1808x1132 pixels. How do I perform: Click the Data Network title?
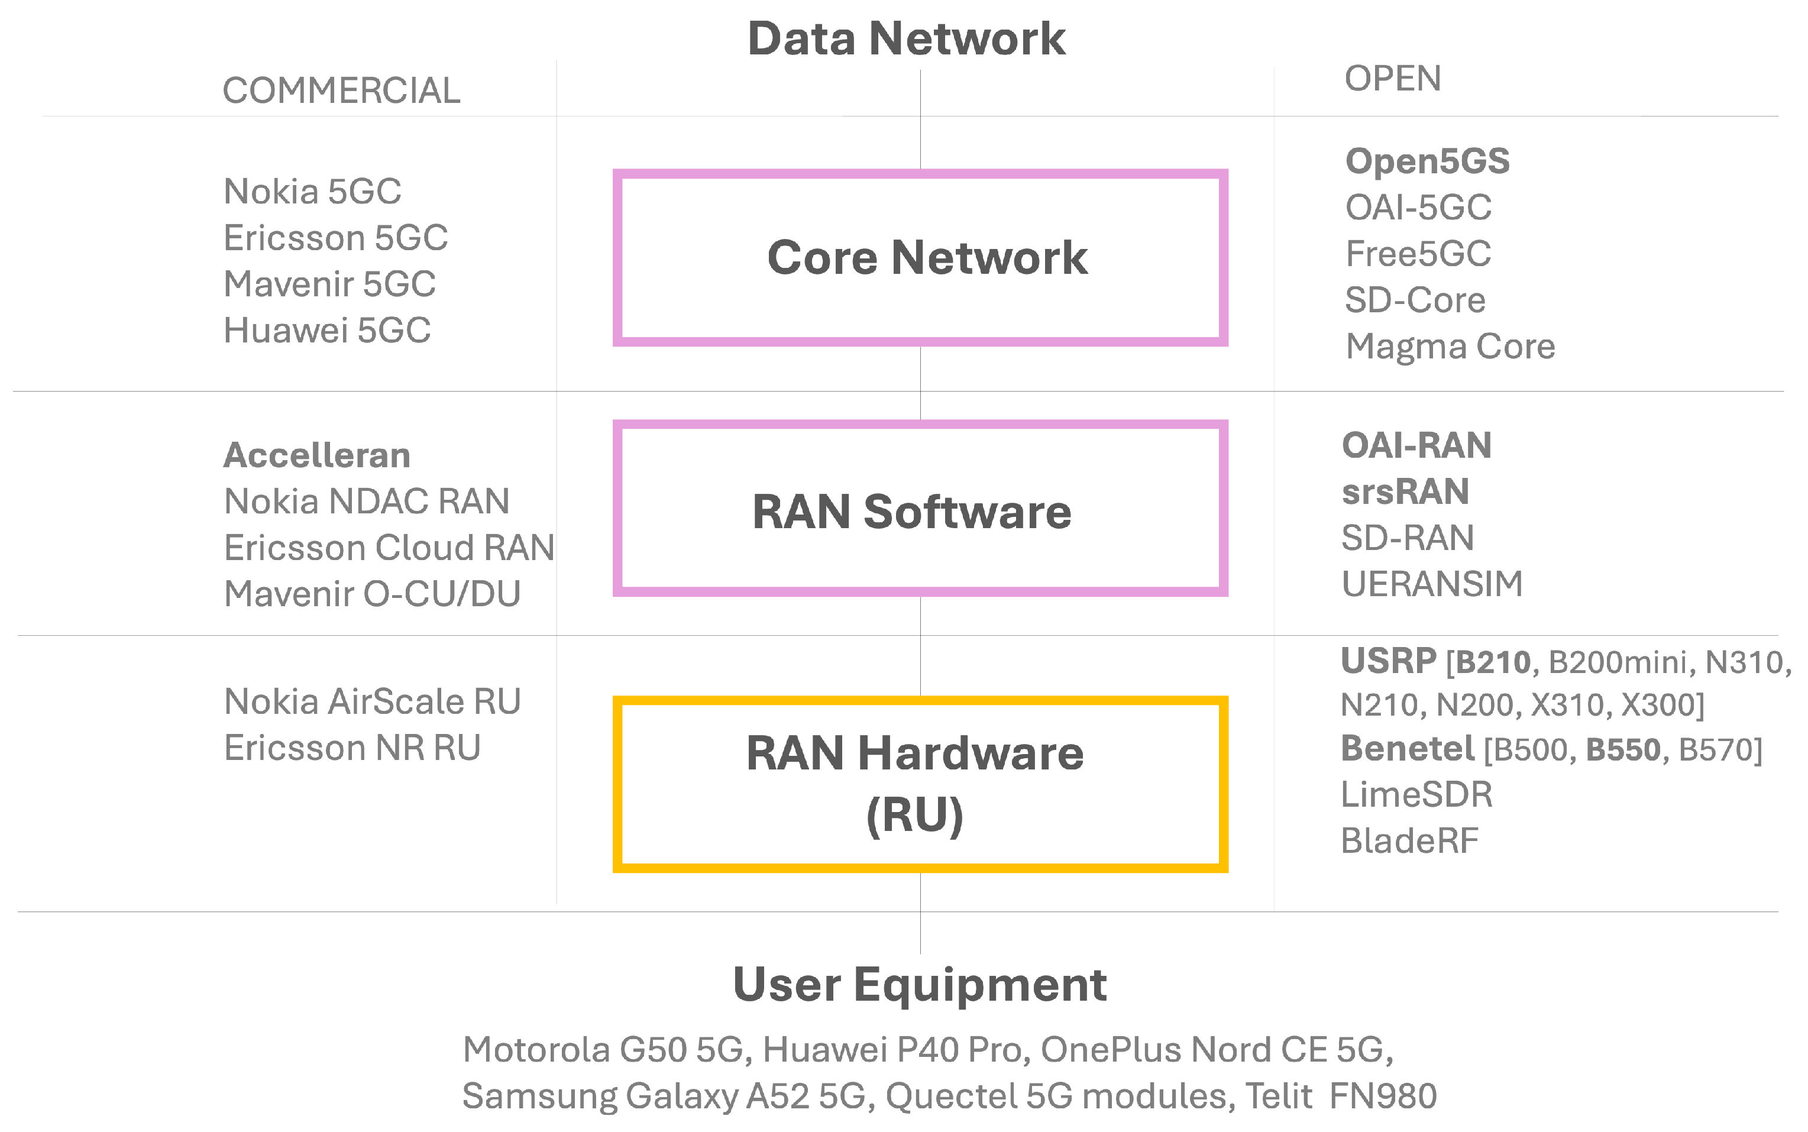coord(906,39)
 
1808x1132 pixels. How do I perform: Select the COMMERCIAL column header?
coord(341,90)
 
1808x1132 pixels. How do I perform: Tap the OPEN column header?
coord(1392,79)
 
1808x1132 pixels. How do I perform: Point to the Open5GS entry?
coord(1427,161)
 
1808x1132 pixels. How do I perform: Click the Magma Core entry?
coord(1450,347)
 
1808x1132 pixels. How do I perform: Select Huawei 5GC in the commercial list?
coord(327,330)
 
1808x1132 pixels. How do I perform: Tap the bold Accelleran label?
coord(316,455)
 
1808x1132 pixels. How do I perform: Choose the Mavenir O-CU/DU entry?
coord(372,594)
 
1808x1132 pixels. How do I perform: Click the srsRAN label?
coord(1405,492)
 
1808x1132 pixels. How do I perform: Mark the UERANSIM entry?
coord(1431,584)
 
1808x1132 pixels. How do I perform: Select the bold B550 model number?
coord(1622,749)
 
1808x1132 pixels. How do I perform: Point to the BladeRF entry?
coord(1409,841)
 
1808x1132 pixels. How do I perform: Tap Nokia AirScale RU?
coord(372,701)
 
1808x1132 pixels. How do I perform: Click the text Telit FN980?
coord(1340,1096)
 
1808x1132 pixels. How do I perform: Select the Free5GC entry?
coord(1417,254)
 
